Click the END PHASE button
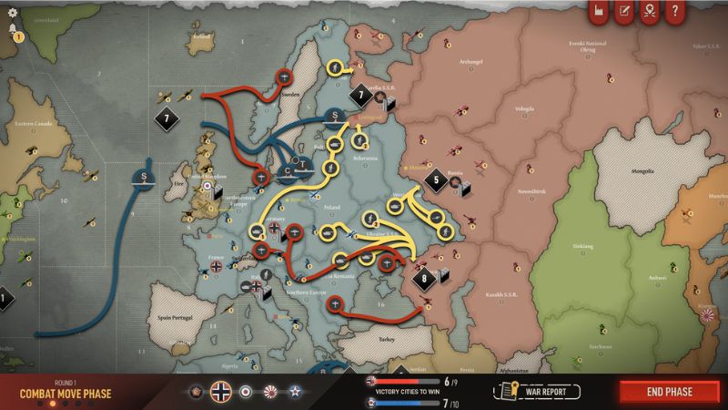click(x=670, y=392)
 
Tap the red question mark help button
click(x=674, y=12)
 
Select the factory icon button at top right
click(x=599, y=12)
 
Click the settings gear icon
click(x=12, y=12)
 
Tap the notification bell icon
click(x=13, y=30)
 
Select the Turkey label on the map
click(x=386, y=337)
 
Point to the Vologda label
click(x=524, y=108)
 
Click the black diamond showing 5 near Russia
click(x=436, y=179)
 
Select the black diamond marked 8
click(x=423, y=278)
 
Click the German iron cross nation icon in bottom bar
click(x=220, y=392)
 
